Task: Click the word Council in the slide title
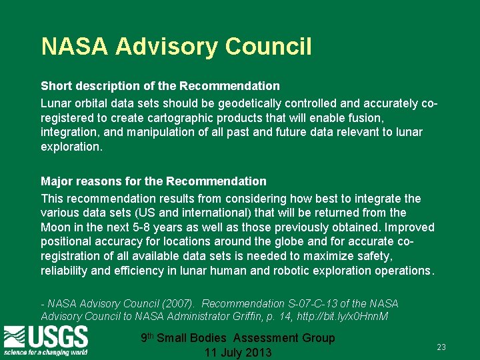268,47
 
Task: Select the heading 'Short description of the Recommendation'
160,86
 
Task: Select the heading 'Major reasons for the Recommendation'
153,181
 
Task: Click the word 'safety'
374,256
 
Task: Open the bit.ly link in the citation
351,316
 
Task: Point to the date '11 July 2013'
238,352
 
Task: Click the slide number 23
441,347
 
